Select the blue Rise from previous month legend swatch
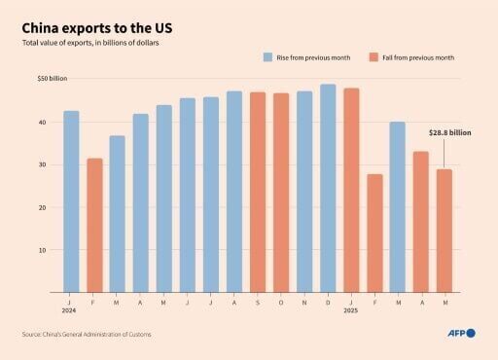point(267,57)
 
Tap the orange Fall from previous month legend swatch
point(374,57)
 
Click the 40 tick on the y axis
point(42,123)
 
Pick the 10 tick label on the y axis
point(42,250)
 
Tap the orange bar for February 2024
point(94,225)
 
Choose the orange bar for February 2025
point(374,233)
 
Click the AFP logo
point(460,334)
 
